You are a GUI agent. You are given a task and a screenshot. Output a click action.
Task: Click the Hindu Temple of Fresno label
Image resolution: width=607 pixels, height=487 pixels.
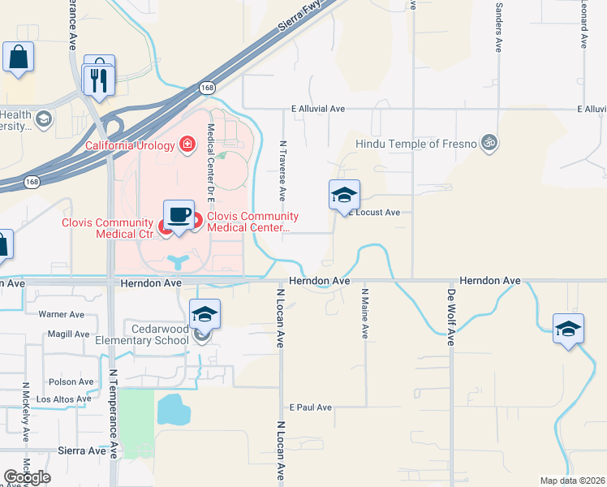pyautogui.click(x=416, y=144)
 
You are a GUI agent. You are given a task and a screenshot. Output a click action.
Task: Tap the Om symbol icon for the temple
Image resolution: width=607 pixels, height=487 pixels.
pyautogui.click(x=488, y=143)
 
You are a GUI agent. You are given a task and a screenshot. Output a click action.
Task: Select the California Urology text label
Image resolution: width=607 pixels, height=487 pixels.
pyautogui.click(x=130, y=145)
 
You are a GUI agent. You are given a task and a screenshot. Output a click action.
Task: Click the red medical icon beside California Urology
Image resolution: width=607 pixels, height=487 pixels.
pyautogui.click(x=188, y=144)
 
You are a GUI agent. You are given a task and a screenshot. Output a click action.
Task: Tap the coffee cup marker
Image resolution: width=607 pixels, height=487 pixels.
pyautogui.click(x=179, y=215)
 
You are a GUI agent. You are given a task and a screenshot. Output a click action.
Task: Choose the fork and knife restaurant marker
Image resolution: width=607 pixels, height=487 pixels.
pyautogui.click(x=97, y=80)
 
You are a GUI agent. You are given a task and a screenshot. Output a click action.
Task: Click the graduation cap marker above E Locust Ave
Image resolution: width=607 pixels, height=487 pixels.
pyautogui.click(x=344, y=195)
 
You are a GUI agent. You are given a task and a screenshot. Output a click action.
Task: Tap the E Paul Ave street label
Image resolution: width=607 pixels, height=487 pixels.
pyautogui.click(x=311, y=407)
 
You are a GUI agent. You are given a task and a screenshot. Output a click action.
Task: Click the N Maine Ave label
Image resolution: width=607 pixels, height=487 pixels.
pyautogui.click(x=365, y=312)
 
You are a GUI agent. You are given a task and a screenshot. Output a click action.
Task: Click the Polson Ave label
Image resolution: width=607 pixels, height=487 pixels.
pyautogui.click(x=71, y=381)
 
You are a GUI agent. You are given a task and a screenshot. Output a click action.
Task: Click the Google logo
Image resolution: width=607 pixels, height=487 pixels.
pyautogui.click(x=27, y=477)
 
